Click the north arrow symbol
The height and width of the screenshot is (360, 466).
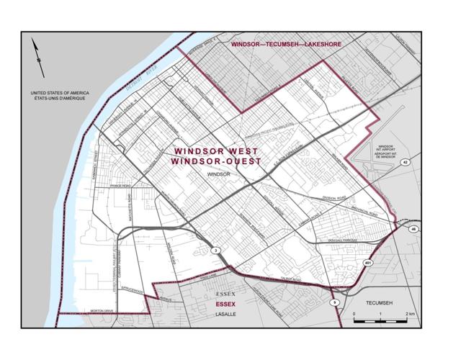pyautogui.click(x=38, y=58)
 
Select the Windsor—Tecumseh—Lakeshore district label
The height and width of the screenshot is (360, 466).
pyautogui.click(x=285, y=45)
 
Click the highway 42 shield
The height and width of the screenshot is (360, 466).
pyautogui.click(x=405, y=163)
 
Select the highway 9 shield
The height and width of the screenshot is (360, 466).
pyautogui.click(x=334, y=302)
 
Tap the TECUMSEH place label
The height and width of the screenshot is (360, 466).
pyautogui.click(x=382, y=303)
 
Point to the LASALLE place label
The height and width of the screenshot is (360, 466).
pyautogui.click(x=226, y=315)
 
